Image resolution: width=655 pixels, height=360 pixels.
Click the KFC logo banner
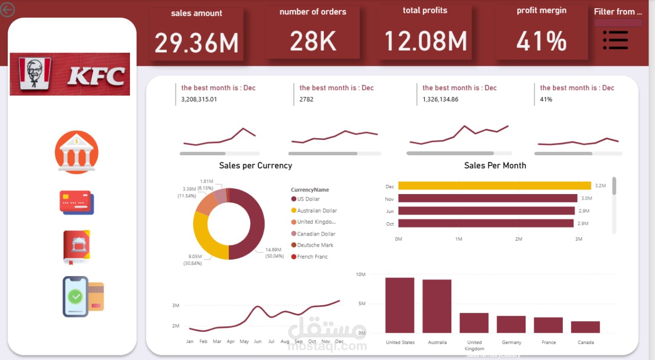[70, 74]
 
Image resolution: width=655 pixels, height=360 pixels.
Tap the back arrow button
[8, 9]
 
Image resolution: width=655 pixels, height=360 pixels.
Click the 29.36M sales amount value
[196, 43]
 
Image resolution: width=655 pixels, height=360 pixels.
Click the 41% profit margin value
[541, 41]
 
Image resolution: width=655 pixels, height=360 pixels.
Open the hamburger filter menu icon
[615, 40]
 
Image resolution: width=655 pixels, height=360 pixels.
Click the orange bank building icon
[76, 152]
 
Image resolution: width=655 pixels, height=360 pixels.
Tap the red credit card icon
[77, 202]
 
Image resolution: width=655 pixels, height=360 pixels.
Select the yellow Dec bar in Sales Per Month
[494, 186]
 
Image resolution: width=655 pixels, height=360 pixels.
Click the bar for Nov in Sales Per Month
[488, 198]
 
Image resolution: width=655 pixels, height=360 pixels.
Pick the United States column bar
[400, 305]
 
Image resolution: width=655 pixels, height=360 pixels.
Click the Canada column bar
[585, 327]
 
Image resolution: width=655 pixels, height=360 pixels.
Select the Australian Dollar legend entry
[317, 210]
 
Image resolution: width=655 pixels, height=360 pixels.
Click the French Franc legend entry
[312, 257]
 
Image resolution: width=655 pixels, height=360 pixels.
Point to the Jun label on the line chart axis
[257, 342]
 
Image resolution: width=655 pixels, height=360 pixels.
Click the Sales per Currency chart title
[255, 165]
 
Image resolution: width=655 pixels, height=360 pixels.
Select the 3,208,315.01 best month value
[199, 99]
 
